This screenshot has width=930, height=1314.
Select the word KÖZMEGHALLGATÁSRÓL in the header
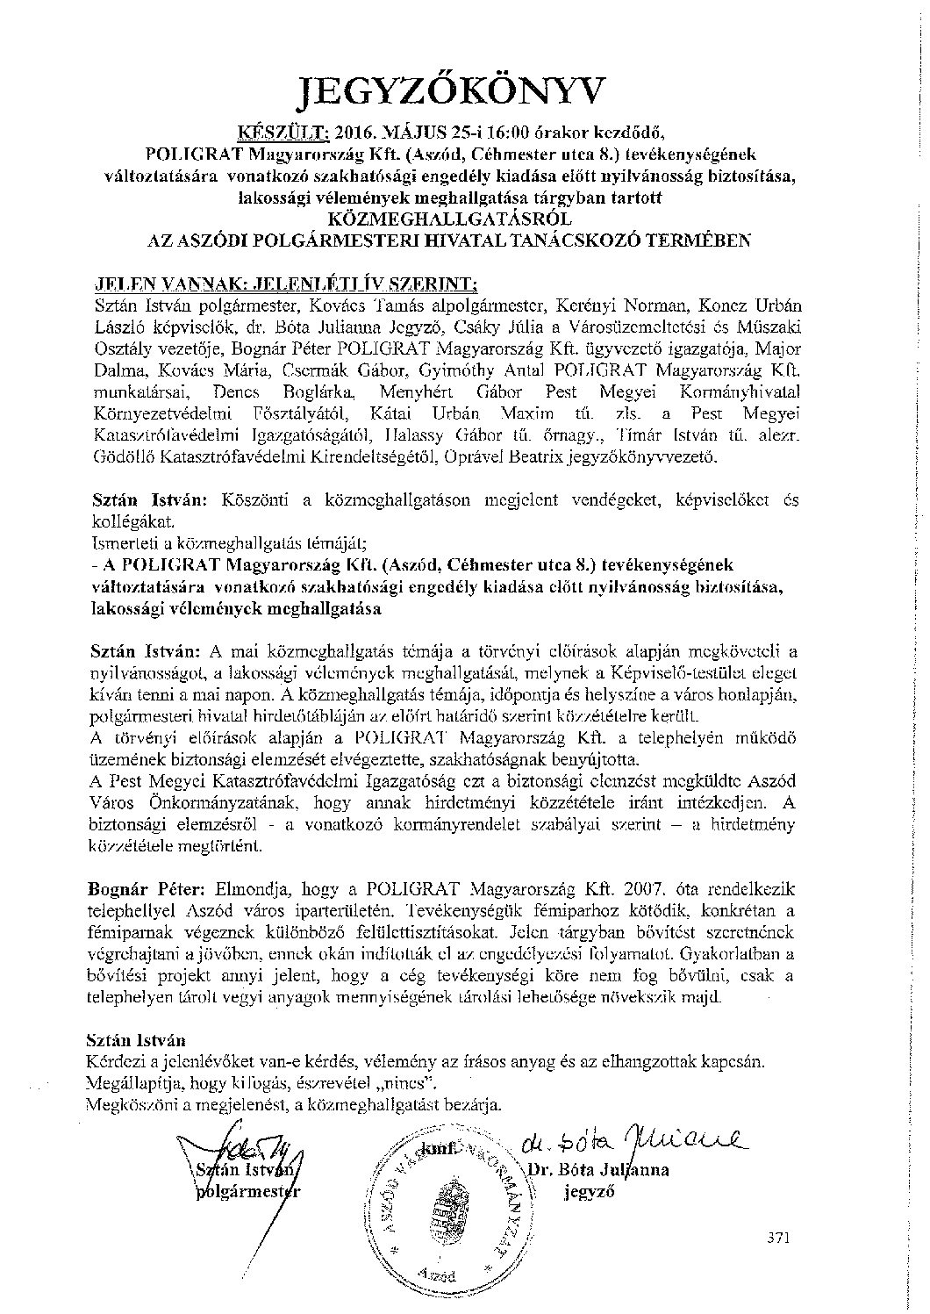pos(463,219)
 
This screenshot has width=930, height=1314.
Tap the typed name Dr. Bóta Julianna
pos(601,1170)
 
